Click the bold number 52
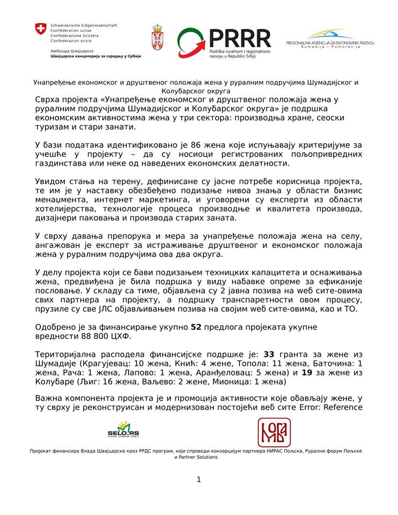(196, 327)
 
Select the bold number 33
(269, 355)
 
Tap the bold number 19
(307, 372)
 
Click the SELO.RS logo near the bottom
(123, 429)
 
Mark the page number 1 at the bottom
(198, 480)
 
